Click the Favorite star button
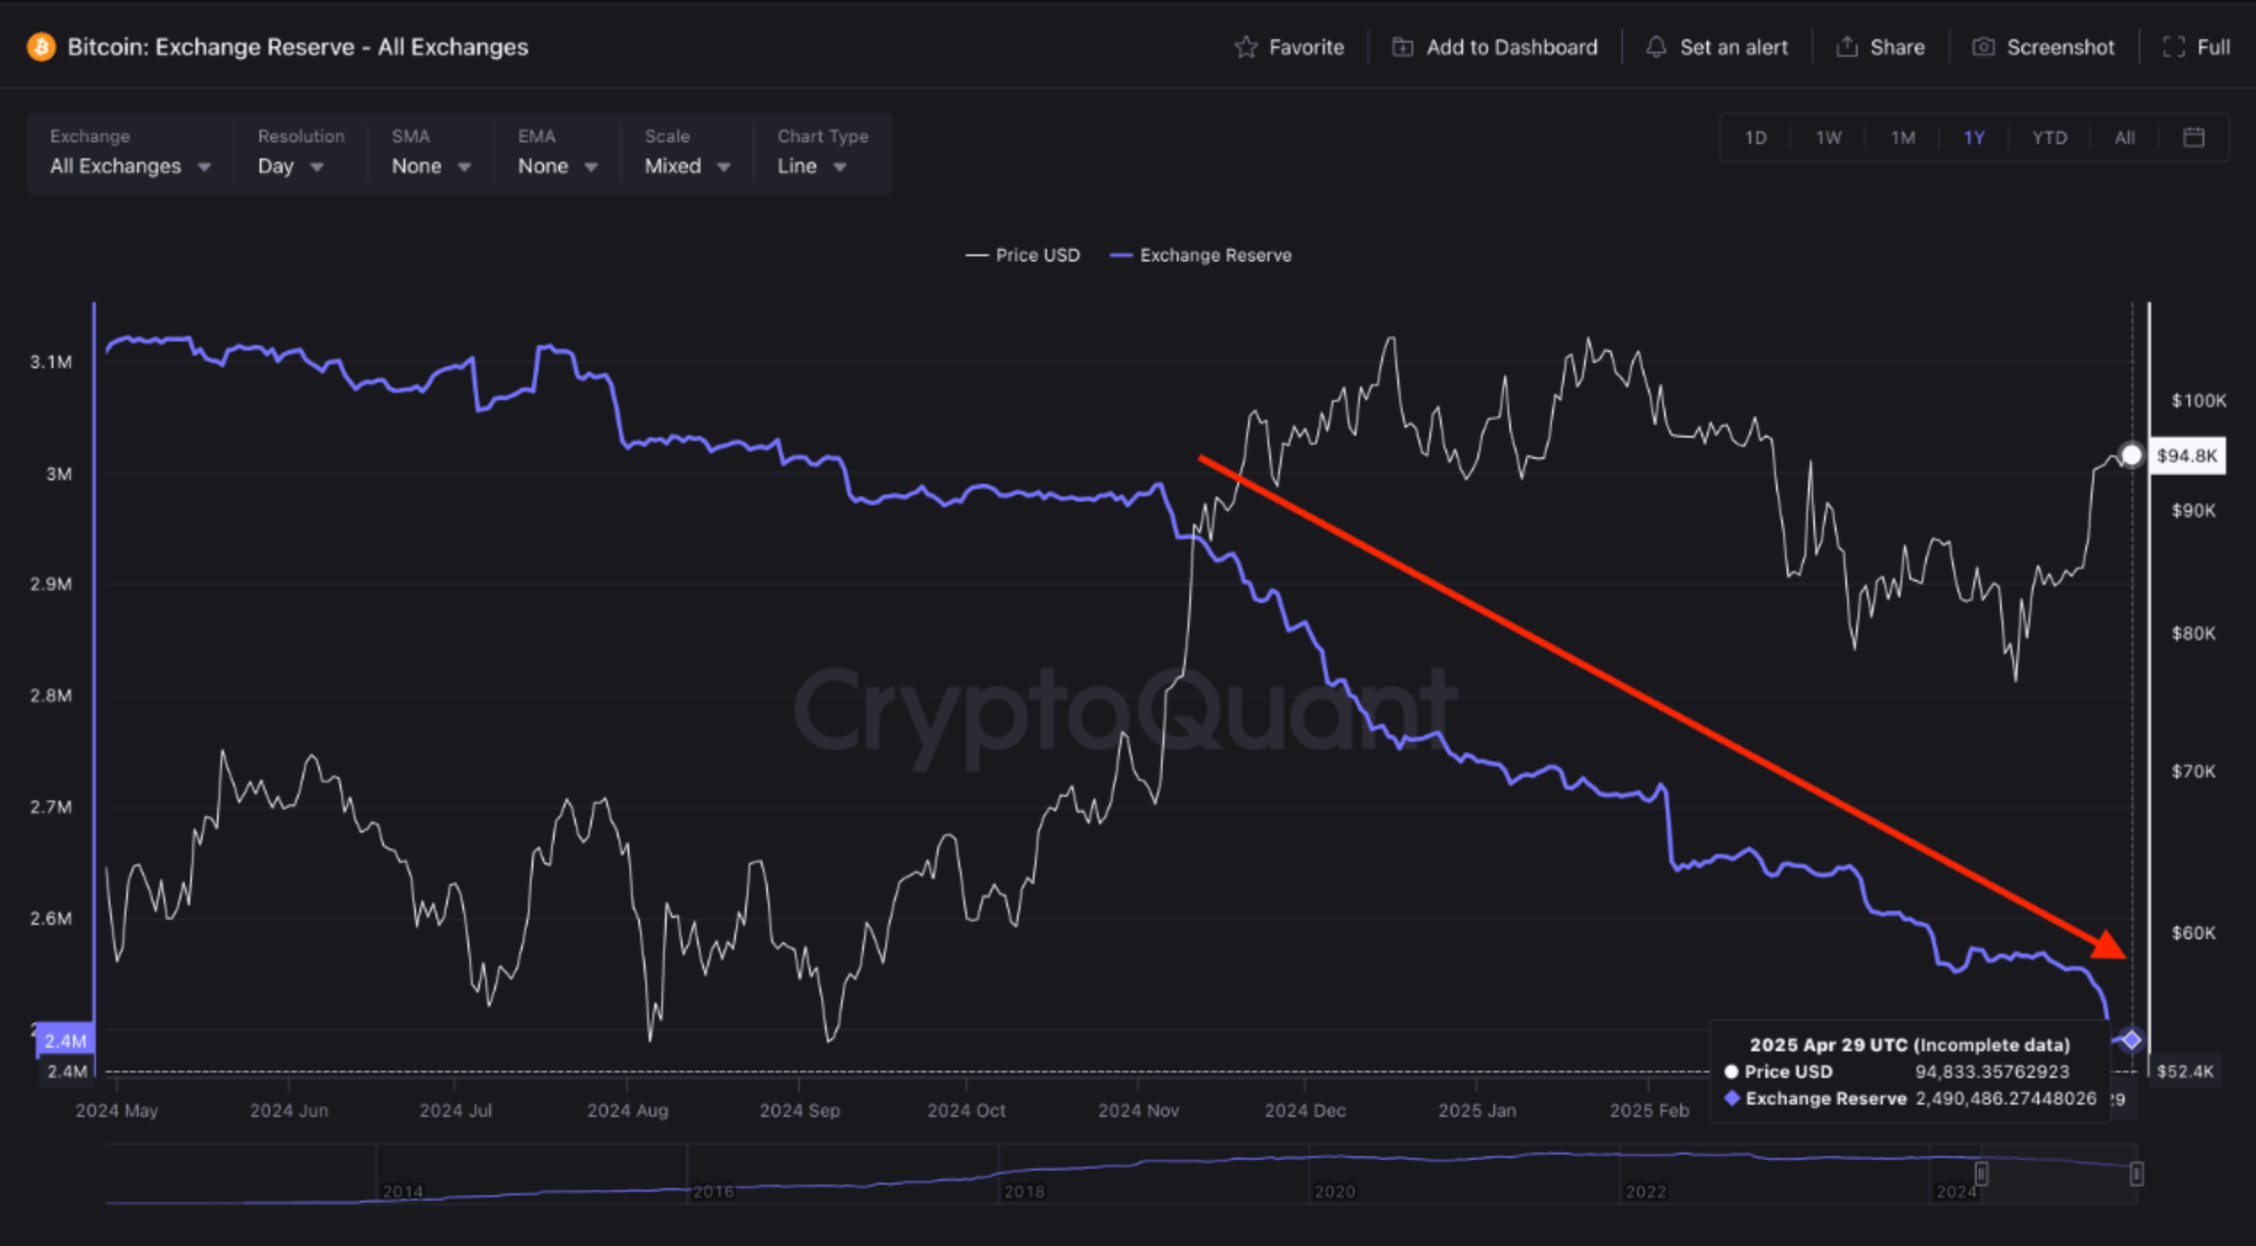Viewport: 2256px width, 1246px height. click(1289, 47)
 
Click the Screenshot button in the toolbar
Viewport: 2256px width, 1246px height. click(2044, 47)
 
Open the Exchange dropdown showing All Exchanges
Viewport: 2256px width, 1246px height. click(130, 166)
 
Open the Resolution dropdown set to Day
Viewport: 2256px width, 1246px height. click(291, 166)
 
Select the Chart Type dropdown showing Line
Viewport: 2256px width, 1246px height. click(812, 166)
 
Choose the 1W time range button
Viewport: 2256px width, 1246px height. click(1828, 138)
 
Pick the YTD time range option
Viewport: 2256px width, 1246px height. click(2049, 138)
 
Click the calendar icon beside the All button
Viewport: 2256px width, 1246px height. click(2194, 138)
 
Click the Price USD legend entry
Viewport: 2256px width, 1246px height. click(1023, 255)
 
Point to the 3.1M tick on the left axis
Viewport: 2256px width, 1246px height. click(51, 362)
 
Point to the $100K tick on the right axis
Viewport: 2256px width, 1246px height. click(2198, 400)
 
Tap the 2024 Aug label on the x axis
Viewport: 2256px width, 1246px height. click(628, 1111)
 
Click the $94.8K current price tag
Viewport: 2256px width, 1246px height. click(2187, 456)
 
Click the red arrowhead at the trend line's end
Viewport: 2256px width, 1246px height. click(2111, 945)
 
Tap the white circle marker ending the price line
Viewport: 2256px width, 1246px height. click(2132, 455)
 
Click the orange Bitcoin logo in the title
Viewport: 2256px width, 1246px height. click(41, 47)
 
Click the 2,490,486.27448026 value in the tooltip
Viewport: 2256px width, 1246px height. click(2006, 1098)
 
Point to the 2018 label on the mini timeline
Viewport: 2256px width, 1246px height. click(1024, 1192)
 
